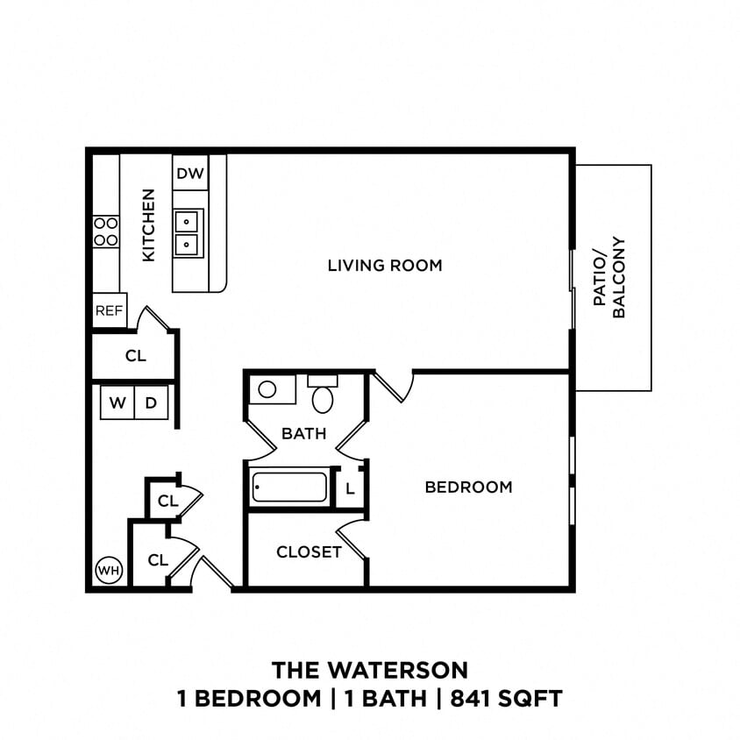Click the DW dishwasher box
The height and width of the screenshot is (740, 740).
190,174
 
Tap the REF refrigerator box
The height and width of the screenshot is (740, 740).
110,310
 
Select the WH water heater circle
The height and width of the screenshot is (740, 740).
109,571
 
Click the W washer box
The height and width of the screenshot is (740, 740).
117,403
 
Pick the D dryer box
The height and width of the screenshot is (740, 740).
151,403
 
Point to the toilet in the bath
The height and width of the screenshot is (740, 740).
323,396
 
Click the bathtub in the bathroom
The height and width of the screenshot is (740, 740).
289,487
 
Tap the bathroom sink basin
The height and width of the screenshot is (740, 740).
268,389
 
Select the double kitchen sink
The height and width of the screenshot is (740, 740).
189,231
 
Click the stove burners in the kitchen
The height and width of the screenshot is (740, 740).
106,231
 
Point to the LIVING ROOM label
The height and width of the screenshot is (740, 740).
385,265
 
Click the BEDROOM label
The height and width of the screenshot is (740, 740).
468,487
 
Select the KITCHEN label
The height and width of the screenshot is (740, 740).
148,224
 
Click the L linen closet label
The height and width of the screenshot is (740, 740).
350,489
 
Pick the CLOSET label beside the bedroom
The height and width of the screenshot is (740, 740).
309,551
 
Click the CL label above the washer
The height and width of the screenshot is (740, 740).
135,356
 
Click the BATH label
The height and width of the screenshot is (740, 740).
303,433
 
